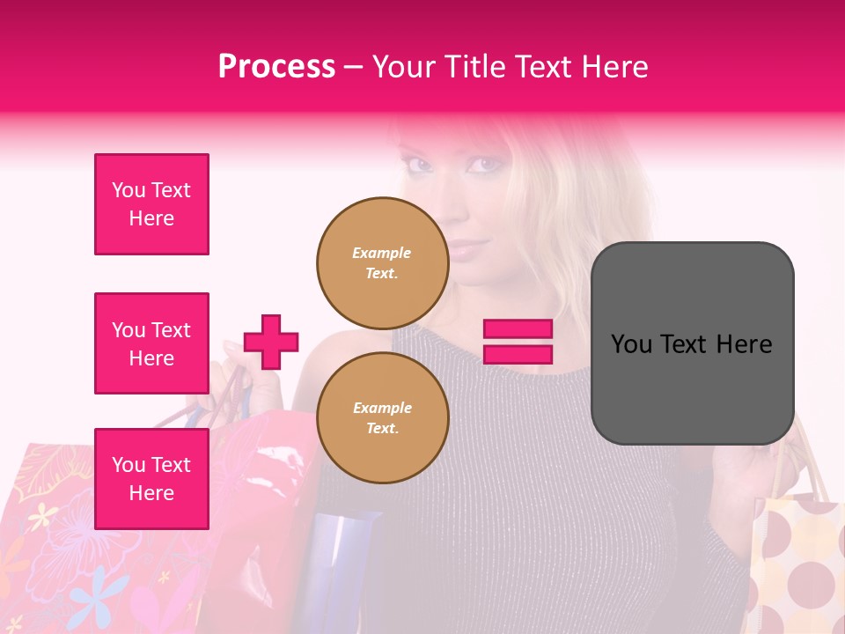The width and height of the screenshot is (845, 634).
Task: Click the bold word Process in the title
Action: tap(276, 67)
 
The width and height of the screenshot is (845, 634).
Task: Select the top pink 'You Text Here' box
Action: tap(151, 204)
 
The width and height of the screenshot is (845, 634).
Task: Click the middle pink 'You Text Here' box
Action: tap(151, 343)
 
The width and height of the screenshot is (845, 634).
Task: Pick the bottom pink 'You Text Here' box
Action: tap(151, 478)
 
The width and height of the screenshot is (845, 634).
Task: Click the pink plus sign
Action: tap(271, 342)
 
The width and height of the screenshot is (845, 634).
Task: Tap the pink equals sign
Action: tap(518, 342)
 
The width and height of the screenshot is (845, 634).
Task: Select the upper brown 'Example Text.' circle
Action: tap(382, 262)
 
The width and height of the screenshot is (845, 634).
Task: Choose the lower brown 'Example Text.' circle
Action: tap(382, 417)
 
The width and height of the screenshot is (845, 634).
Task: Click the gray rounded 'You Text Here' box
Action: tap(692, 343)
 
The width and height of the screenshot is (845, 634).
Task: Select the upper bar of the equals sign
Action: tap(518, 329)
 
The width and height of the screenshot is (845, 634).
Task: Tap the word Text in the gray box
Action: tap(691, 343)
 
